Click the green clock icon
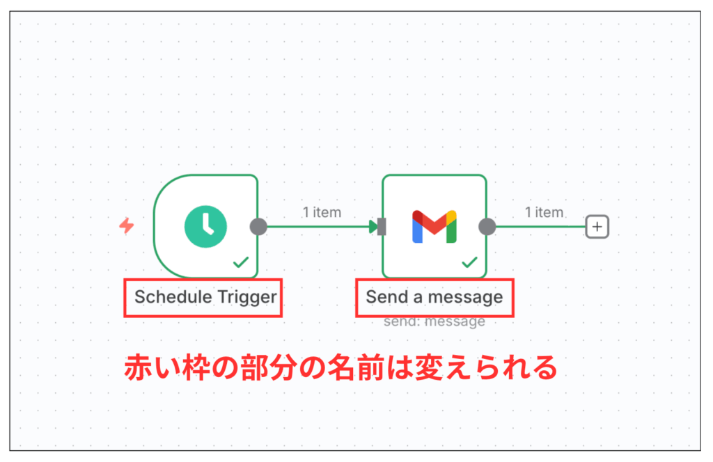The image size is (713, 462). pos(205,226)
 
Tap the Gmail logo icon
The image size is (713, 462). pos(434,226)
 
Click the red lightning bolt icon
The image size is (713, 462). pos(127,226)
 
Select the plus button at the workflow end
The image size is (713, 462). pos(597,226)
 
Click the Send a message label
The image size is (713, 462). pos(434,297)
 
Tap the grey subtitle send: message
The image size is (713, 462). pos(434,321)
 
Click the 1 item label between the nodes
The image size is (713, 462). pos(322,212)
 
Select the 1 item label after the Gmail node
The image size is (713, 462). pos(544,212)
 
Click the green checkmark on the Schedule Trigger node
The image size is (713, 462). pos(241,262)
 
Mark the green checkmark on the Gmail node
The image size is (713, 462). pos(470,262)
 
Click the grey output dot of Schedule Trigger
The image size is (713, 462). pos(258,226)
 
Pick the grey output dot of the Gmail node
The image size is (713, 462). pos(487,226)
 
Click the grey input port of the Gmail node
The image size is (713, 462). pos(382,226)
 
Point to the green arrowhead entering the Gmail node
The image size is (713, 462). pos(373,226)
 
